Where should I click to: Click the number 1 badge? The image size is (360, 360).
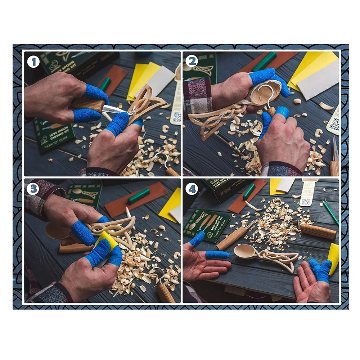pyautogui.click(x=33, y=62)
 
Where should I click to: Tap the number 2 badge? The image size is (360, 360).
pyautogui.click(x=192, y=61)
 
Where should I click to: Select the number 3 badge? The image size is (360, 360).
pyautogui.click(x=33, y=189)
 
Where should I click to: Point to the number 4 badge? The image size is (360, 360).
pyautogui.click(x=192, y=189)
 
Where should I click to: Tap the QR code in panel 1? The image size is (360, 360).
pyautogui.click(x=177, y=117)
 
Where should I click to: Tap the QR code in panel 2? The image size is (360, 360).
pyautogui.click(x=334, y=125)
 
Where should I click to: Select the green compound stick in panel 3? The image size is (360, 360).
pyautogui.click(x=139, y=196)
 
